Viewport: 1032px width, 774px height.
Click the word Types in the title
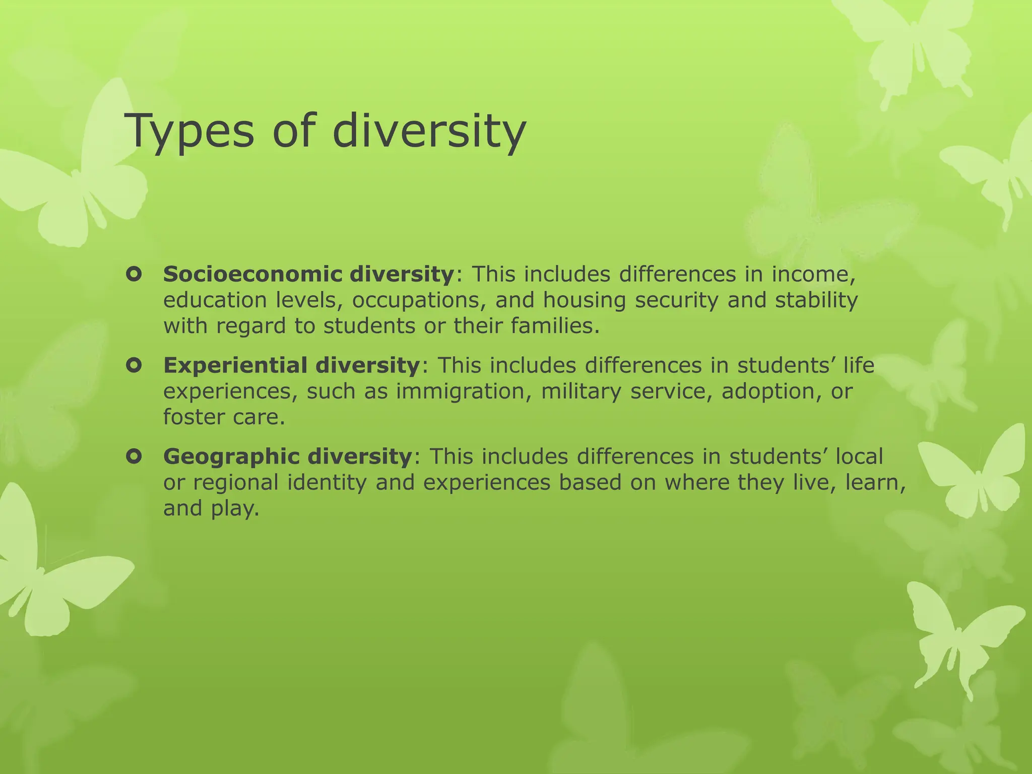point(191,131)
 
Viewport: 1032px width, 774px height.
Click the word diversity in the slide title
point(429,131)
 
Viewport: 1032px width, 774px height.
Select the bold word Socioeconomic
point(256,274)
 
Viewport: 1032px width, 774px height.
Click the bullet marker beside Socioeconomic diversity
point(134,275)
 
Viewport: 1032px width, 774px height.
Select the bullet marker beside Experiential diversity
point(134,365)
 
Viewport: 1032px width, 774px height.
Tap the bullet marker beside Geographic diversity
point(134,457)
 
